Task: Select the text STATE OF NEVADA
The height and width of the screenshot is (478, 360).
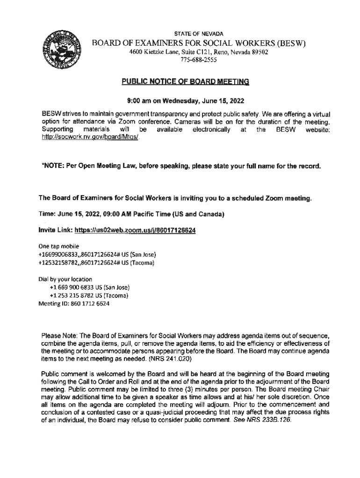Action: coord(199,34)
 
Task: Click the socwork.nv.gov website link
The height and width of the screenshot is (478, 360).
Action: coord(91,139)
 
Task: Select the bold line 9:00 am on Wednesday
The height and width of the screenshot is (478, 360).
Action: coord(186,100)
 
